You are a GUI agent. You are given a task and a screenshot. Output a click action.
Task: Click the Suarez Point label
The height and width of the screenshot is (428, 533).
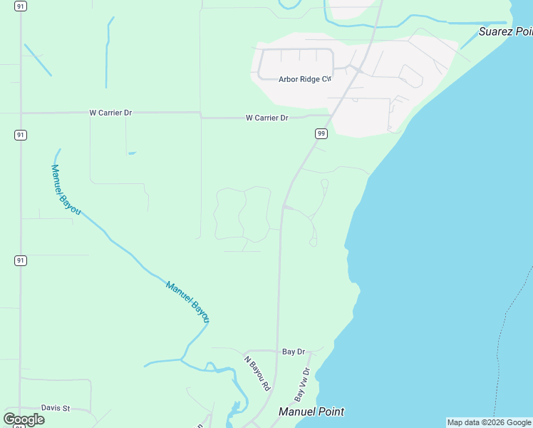tap(505, 31)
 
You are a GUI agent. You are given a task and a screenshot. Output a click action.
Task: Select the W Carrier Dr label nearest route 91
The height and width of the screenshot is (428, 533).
tap(110, 113)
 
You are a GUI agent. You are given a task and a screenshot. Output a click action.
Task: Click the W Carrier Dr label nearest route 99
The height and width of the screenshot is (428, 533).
tap(266, 118)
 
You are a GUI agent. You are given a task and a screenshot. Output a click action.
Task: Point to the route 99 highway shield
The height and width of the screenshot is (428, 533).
tap(321, 133)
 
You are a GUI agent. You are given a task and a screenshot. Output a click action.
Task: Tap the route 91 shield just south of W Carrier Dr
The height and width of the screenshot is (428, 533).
tap(21, 135)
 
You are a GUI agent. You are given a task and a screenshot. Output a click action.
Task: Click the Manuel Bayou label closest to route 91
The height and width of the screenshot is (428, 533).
tap(66, 190)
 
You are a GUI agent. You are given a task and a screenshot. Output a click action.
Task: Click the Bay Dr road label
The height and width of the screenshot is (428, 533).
tap(293, 352)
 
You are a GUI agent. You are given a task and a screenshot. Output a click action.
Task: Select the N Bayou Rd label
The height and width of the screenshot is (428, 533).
tap(257, 373)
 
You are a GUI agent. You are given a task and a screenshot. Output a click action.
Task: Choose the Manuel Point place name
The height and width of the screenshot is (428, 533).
tap(311, 412)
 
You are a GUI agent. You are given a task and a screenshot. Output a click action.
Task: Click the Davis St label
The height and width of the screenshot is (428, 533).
tap(56, 408)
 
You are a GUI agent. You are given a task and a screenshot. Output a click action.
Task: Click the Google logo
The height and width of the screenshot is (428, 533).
tap(24, 419)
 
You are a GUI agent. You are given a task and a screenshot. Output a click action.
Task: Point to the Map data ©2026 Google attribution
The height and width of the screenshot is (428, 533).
tap(489, 422)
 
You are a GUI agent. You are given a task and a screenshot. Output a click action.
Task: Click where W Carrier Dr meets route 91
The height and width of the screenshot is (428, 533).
tap(21, 113)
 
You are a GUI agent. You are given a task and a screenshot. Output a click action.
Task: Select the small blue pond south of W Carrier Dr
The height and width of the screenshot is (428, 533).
tap(132, 153)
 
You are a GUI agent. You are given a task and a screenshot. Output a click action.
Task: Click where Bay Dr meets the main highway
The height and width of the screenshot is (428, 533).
tap(276, 350)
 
